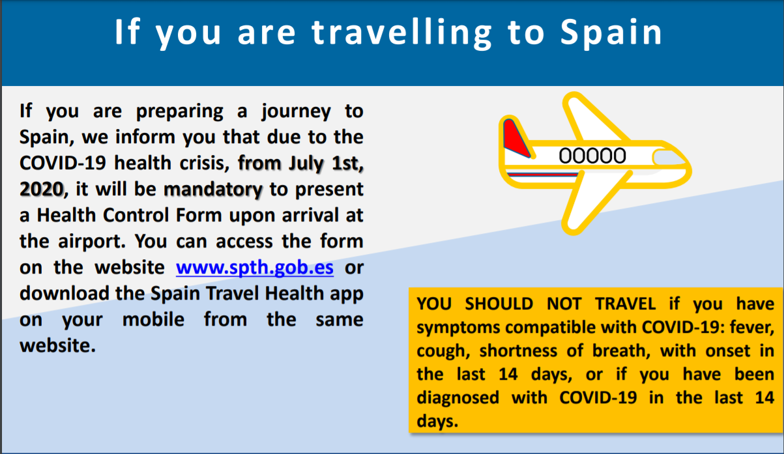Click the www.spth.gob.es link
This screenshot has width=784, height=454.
click(x=254, y=268)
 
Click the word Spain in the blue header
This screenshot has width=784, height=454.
click(x=611, y=32)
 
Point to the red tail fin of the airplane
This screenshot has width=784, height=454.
click(x=516, y=138)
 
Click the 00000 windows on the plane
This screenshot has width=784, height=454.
click(x=592, y=156)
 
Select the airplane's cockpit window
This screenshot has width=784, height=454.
click(x=669, y=158)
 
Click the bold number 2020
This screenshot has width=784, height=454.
click(x=42, y=190)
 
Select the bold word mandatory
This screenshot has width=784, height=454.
click(x=213, y=190)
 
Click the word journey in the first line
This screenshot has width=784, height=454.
click(x=296, y=112)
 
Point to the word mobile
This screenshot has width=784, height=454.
click(x=153, y=320)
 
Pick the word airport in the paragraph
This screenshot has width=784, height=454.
click(x=92, y=242)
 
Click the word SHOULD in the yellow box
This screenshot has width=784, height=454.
click(x=499, y=304)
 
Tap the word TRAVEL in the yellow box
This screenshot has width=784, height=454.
click(x=626, y=304)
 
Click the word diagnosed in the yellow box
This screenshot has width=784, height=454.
click(x=457, y=399)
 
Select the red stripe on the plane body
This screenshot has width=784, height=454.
click(x=542, y=174)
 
